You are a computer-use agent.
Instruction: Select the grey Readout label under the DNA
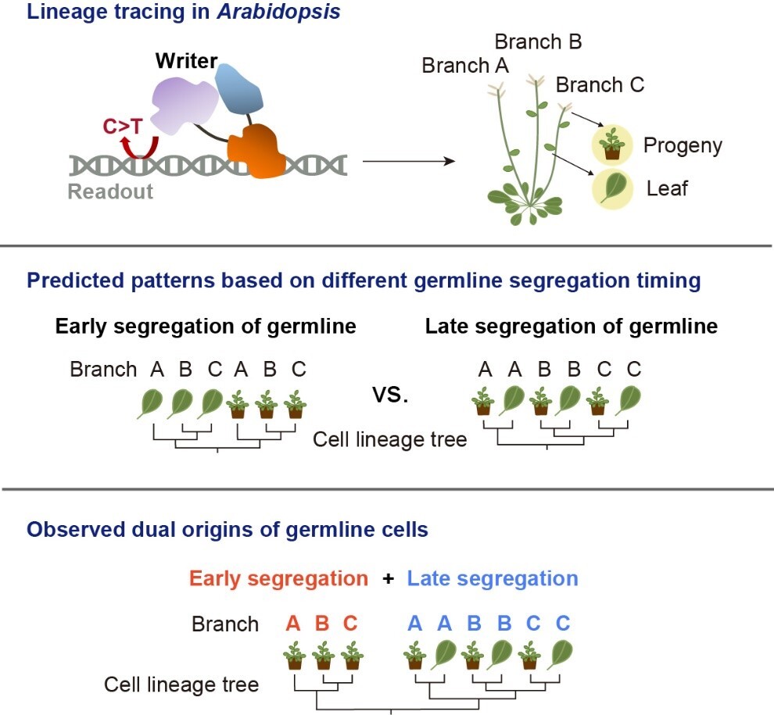click(110, 191)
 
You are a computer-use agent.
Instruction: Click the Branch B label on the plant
click(538, 41)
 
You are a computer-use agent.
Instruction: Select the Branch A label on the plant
click(464, 66)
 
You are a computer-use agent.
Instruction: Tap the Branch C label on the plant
click(600, 84)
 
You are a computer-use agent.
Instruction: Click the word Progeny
click(683, 145)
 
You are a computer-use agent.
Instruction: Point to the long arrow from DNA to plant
click(408, 162)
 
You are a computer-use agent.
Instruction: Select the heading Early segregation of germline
click(206, 326)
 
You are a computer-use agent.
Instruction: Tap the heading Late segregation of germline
click(571, 326)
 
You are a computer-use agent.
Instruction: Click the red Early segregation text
click(278, 578)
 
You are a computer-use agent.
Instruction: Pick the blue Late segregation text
click(493, 578)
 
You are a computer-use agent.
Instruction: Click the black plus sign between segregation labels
click(388, 579)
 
